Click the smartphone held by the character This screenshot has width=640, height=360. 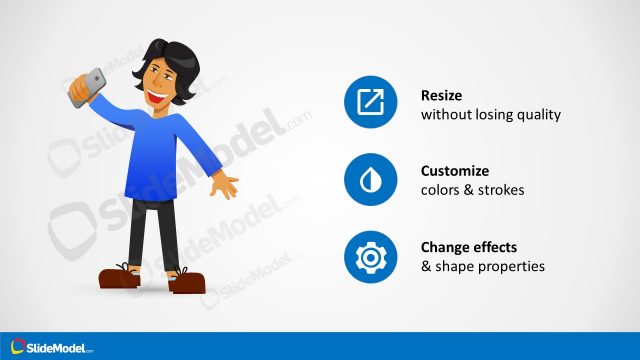point(87,89)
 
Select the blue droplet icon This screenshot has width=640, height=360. point(370,180)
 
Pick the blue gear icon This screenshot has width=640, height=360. point(370,257)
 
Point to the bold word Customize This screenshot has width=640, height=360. point(456,171)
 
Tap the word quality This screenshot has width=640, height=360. point(538,115)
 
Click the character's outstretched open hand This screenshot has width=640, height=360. point(226,186)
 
